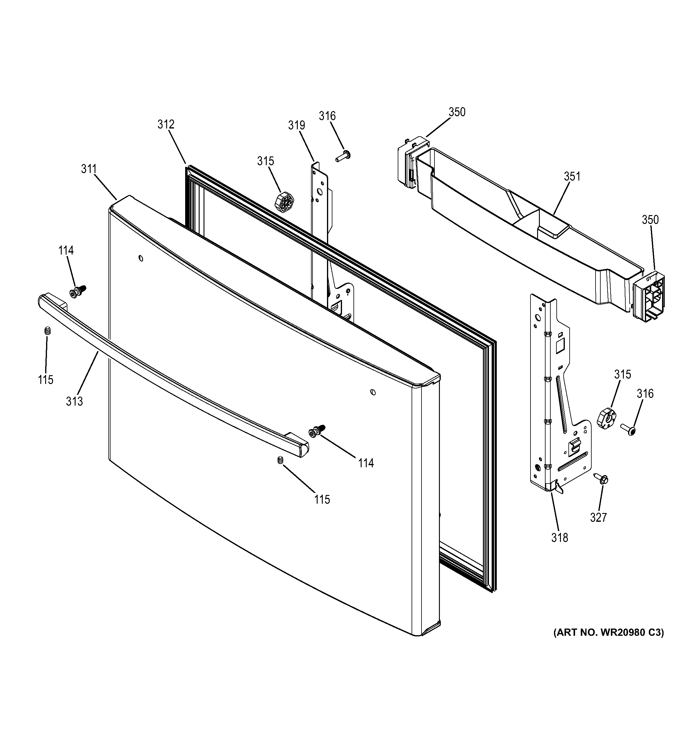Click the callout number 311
coord(89,169)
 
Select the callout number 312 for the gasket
coord(166,124)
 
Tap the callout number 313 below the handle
coord(74,401)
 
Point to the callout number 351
coord(572,176)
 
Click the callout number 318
coord(559,538)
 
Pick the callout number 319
coord(296,125)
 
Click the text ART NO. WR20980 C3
coord(608,632)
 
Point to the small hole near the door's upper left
coord(141,258)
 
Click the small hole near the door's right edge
coord(372,392)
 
